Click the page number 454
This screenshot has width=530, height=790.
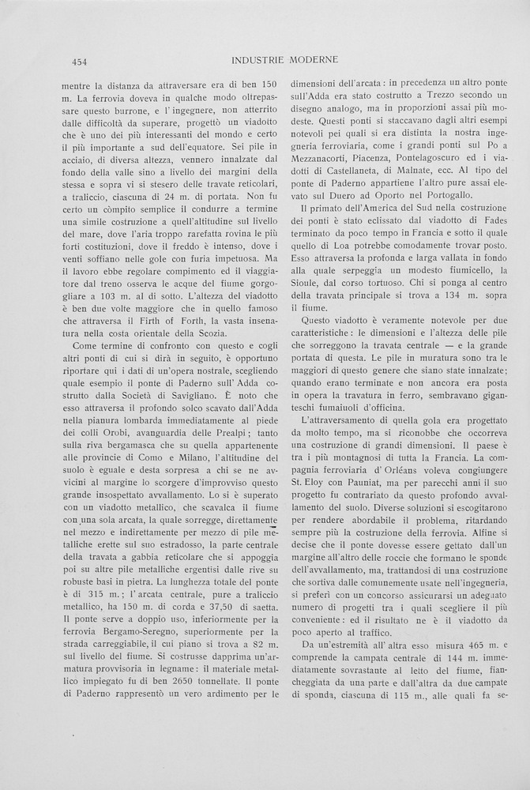click(79, 61)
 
